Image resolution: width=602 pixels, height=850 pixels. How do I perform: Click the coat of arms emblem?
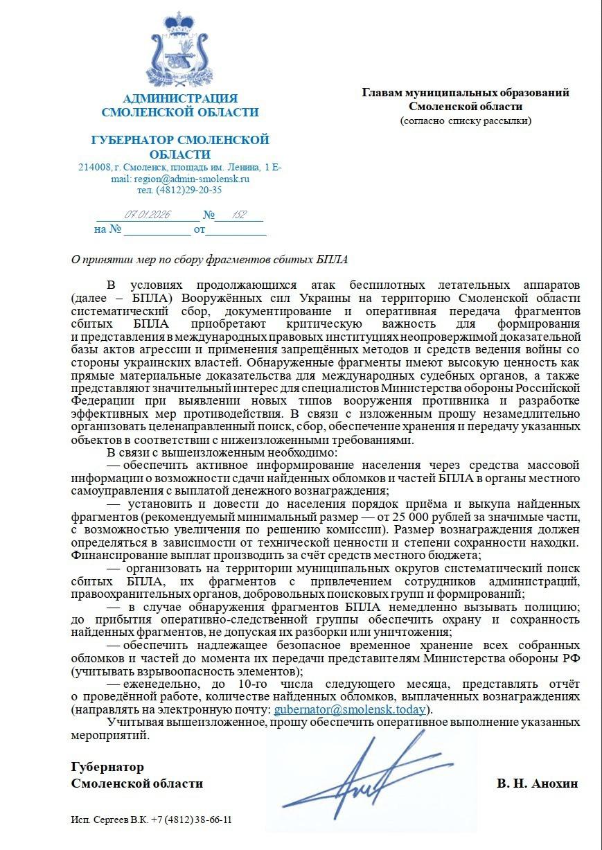(179, 50)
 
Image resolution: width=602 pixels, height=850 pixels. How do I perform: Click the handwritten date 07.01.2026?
(148, 215)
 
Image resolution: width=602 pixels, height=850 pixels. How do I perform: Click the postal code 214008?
(94, 167)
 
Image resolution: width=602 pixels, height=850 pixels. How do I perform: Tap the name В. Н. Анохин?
(537, 783)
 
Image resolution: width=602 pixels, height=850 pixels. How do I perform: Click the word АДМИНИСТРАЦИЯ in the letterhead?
(179, 98)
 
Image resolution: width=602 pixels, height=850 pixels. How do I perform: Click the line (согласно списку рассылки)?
(466, 121)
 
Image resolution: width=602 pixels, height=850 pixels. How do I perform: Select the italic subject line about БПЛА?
(210, 260)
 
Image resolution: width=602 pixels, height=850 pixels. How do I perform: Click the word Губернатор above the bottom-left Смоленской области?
(107, 767)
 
